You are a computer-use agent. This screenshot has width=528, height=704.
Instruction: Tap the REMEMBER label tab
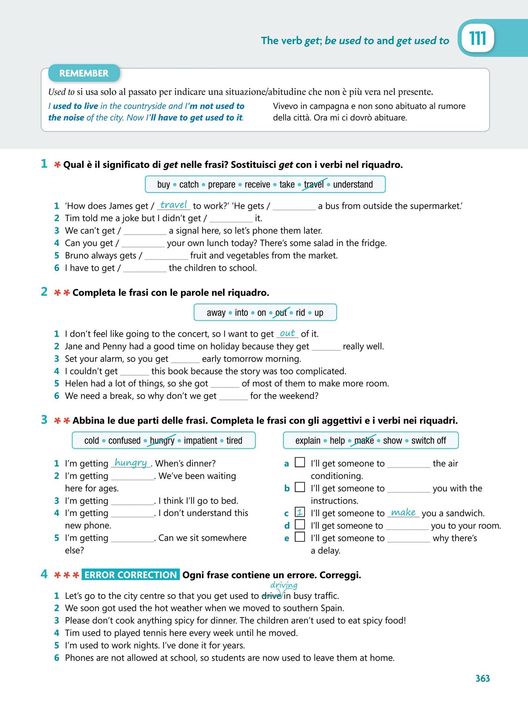[x=84, y=73]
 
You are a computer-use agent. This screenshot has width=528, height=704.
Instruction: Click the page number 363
[x=483, y=678]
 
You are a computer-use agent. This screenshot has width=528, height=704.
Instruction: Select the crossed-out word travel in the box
[x=313, y=185]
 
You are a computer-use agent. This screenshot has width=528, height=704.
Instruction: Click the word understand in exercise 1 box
[x=353, y=185]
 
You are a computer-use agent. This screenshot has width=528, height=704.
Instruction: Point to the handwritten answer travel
[x=173, y=205]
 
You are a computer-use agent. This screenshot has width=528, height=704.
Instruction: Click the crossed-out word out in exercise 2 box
[x=281, y=312]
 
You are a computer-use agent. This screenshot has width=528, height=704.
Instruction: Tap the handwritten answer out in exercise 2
[x=287, y=333]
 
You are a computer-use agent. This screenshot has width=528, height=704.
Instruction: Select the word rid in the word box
[x=300, y=312]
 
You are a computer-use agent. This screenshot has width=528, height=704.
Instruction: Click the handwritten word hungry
[x=131, y=462]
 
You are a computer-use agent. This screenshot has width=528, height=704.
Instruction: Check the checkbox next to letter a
[x=300, y=462]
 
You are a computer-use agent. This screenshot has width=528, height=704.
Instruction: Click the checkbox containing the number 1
[x=300, y=512]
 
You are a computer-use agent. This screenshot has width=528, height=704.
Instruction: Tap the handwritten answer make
[x=403, y=512]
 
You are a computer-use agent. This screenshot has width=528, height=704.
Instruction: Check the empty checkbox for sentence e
[x=300, y=537]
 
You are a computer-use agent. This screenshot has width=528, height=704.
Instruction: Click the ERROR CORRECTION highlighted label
[x=131, y=575]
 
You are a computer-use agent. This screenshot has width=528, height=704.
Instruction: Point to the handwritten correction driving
[x=284, y=585]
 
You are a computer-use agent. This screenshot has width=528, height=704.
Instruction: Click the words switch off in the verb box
[x=429, y=440]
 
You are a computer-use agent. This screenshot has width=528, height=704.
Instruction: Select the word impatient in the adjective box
[x=200, y=440]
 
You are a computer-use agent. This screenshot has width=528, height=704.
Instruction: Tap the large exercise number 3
[x=44, y=420]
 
